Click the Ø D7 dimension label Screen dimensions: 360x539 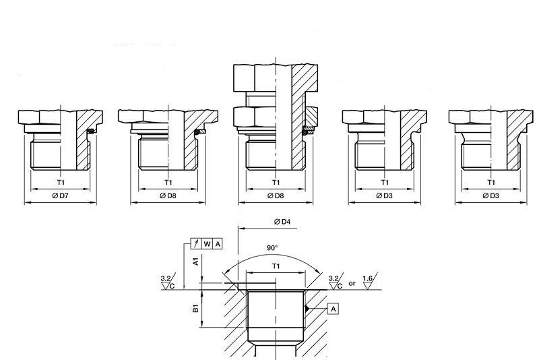tap(60, 196)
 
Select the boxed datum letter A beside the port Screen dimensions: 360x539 tap(334, 308)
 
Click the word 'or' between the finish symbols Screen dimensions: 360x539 tap(352, 283)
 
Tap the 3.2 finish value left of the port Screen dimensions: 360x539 tap(165, 277)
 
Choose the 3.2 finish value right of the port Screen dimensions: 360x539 tap(332, 277)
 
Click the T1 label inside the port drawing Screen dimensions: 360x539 tap(276, 266)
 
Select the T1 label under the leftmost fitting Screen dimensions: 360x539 tap(60, 182)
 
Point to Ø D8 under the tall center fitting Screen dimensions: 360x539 tap(275, 196)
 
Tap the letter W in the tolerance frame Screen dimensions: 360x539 tap(208, 243)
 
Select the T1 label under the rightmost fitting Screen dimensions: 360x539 tap(490, 182)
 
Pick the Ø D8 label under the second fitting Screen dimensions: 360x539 tap(168, 196)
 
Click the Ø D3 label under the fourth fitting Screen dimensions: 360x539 tap(384, 196)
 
